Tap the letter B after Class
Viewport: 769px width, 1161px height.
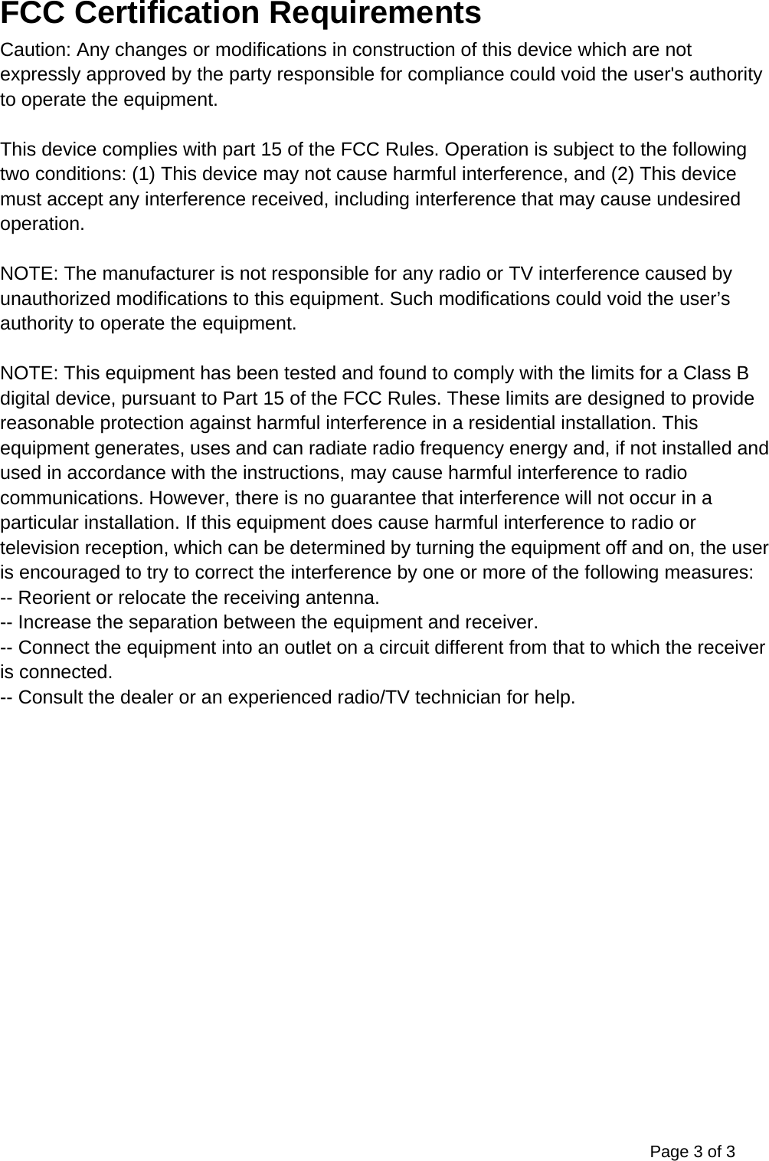(x=743, y=373)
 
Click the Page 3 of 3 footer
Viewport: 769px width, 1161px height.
(x=692, y=1151)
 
